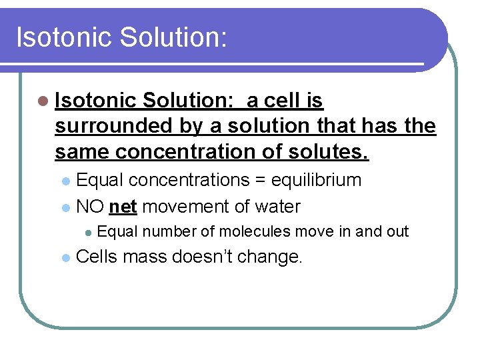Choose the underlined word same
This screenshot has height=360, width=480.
[x=82, y=151]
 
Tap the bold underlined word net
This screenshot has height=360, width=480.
[x=123, y=207]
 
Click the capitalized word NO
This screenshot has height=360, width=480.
[x=90, y=207]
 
